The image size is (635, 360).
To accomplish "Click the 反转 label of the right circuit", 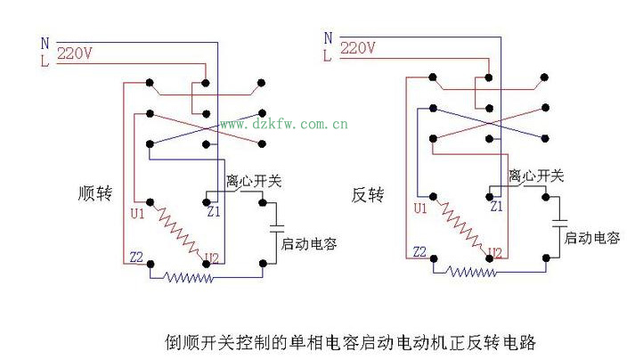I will click(369, 195).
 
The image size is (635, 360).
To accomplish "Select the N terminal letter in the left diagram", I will click(45, 42).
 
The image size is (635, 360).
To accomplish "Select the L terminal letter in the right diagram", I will click(327, 55).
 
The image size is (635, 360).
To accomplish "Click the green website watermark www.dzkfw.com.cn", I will click(283, 124).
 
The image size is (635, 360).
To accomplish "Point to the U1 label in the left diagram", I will click(135, 215).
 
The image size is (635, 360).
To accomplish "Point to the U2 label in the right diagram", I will click(496, 251).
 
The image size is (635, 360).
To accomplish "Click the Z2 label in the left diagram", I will click(135, 257).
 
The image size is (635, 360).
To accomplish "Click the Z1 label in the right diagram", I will click(496, 206).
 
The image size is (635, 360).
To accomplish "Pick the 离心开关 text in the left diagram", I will click(254, 182).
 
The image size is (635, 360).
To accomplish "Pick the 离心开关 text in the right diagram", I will click(535, 177).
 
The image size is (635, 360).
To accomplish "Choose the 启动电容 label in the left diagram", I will click(308, 243).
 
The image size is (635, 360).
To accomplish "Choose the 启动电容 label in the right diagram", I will click(592, 238).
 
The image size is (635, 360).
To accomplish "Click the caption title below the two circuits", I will click(351, 341).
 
